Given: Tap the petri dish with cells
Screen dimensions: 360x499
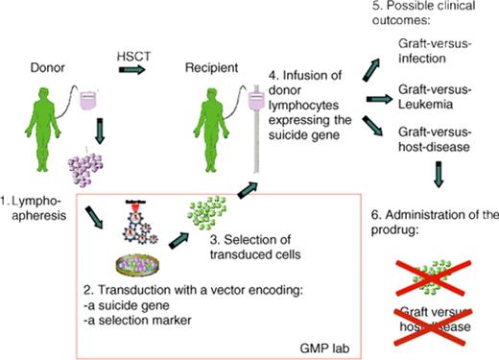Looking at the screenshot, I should coord(141,264).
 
